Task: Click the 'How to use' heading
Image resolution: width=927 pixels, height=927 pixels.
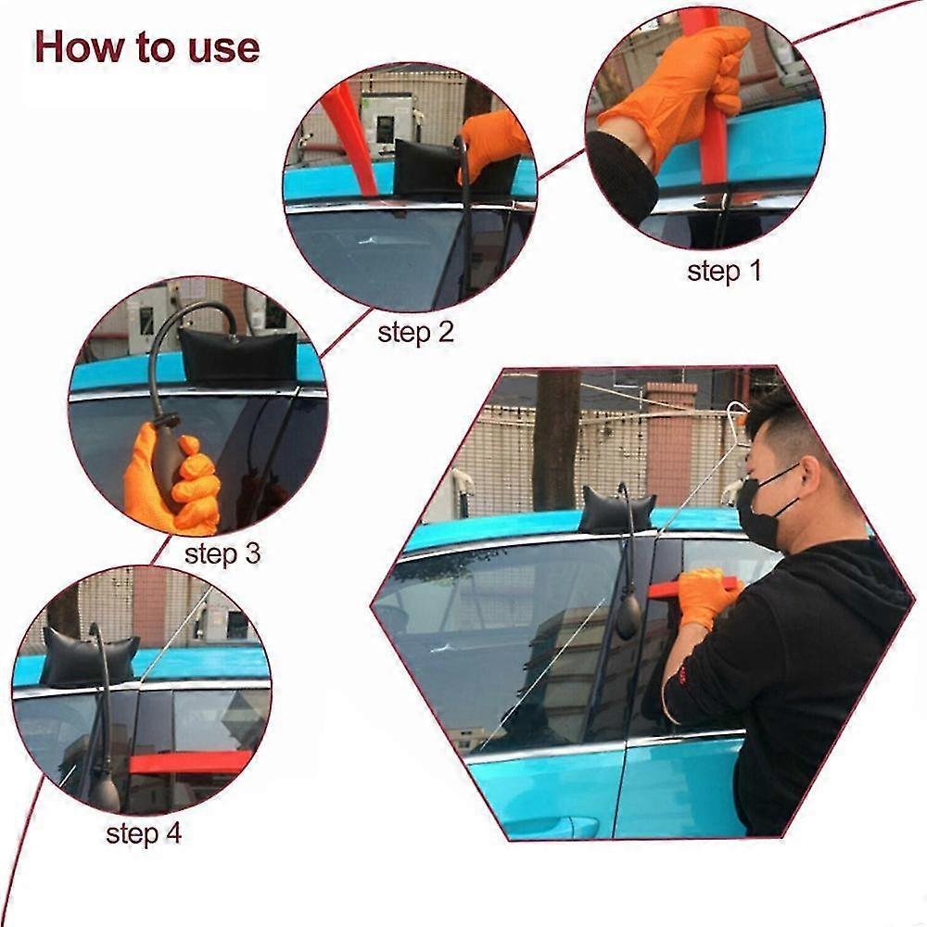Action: [x=146, y=46]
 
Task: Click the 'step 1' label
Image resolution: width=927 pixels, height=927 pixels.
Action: [x=723, y=272]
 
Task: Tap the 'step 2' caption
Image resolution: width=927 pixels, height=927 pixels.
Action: [x=415, y=333]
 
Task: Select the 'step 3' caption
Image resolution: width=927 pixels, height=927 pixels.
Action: [x=222, y=554]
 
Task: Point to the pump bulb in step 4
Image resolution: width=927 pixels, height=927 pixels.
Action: [x=105, y=793]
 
